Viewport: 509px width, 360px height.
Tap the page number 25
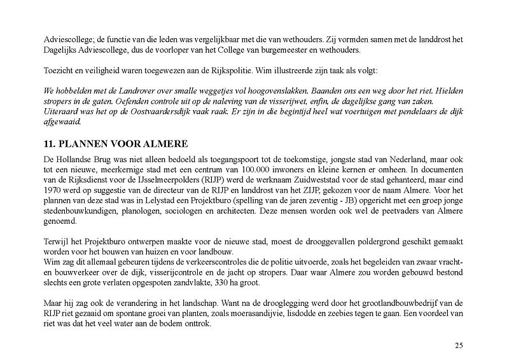[x=459, y=345]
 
